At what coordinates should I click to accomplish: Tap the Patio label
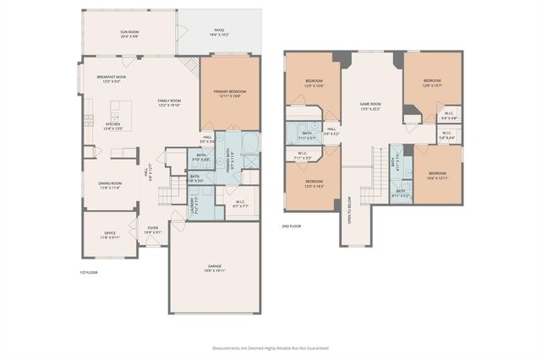220,32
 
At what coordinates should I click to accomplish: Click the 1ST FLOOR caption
90,272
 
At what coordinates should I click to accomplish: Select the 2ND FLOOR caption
292,226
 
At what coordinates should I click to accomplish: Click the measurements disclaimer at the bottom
270,347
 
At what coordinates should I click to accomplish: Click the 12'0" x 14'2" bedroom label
314,183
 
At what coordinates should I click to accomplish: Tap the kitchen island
122,110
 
